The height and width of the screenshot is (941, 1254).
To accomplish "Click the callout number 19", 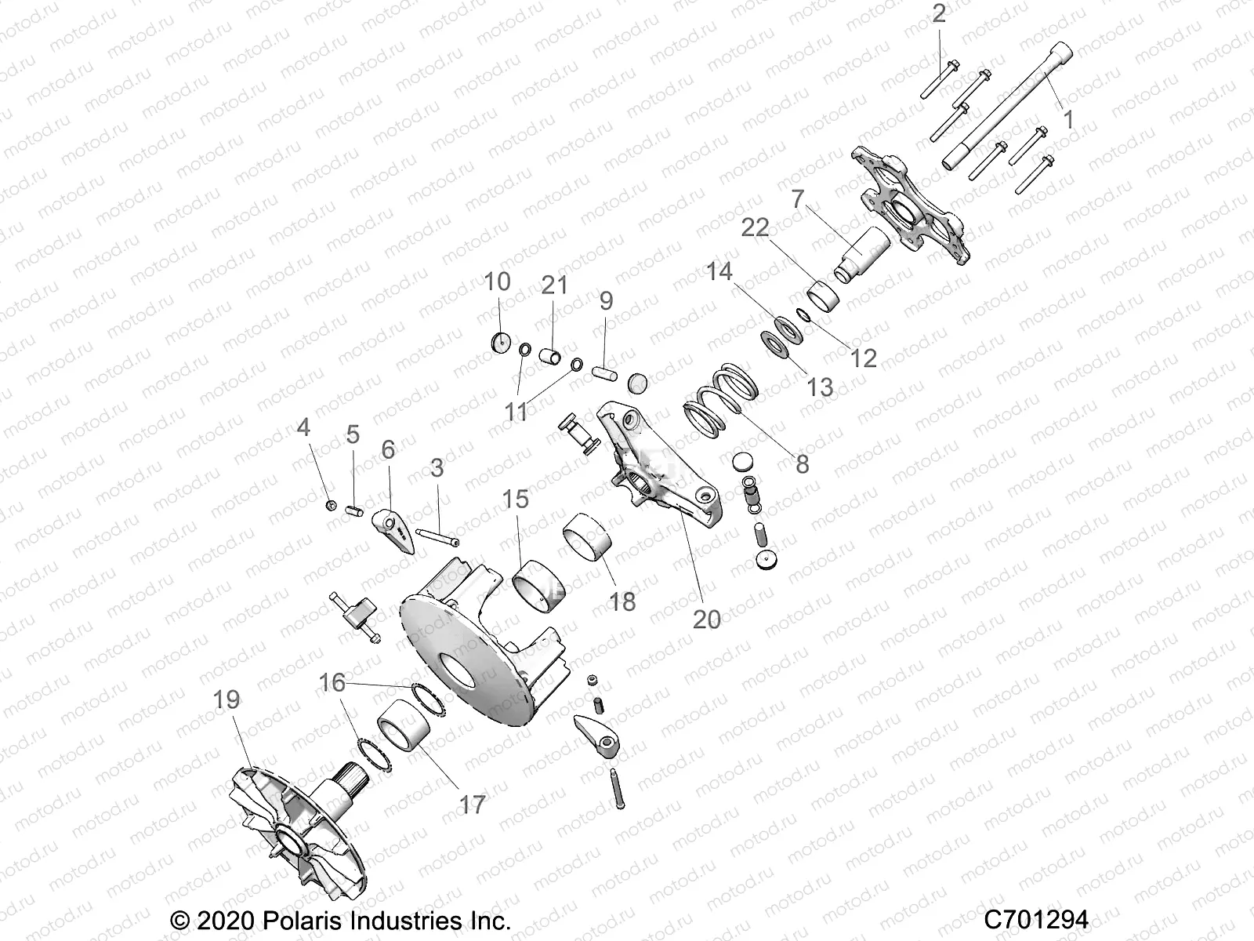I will tap(227, 699).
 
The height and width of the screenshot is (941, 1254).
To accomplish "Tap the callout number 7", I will tap(798, 200).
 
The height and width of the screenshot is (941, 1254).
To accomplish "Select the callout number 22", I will tap(756, 228).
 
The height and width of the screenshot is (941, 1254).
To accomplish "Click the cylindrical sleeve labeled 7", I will tap(862, 249).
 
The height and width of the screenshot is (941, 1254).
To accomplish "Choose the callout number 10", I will tap(497, 281).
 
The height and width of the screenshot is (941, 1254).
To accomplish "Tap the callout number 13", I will tap(820, 386).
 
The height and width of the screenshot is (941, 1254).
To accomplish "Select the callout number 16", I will tap(332, 682).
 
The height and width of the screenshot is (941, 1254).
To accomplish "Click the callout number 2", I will tap(939, 13).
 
